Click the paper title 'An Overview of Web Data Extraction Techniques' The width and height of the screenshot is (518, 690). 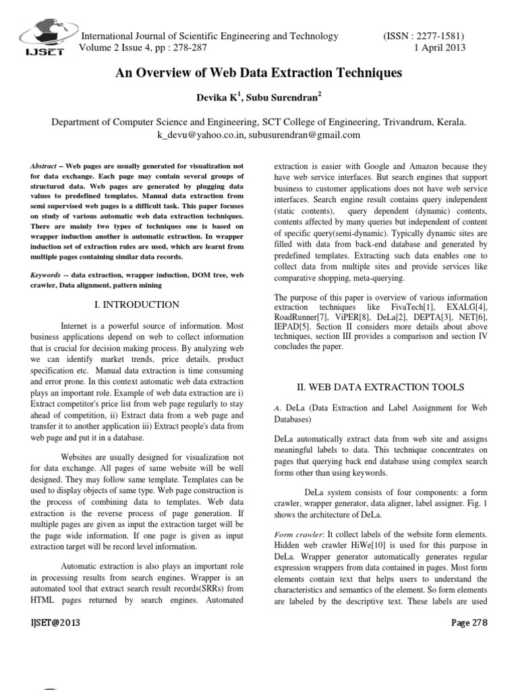(259, 72)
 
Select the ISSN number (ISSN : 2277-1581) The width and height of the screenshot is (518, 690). (423, 36)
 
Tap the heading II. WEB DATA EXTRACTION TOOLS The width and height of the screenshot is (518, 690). (380, 387)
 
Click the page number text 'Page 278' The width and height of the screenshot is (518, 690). (469, 623)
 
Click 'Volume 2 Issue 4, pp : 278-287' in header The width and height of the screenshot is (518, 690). (144, 48)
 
